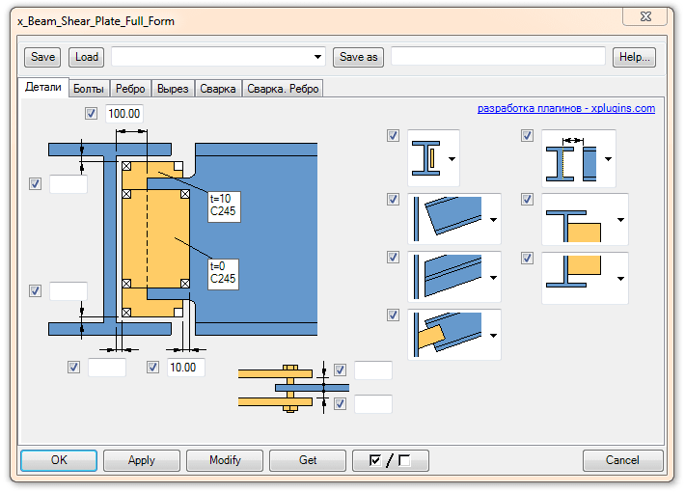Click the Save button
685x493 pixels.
point(42,57)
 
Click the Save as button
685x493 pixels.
point(358,57)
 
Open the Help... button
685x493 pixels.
point(634,57)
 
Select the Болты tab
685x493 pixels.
point(89,89)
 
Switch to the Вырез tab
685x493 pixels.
point(173,89)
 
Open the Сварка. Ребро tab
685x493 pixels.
point(283,89)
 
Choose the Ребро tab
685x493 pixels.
point(130,89)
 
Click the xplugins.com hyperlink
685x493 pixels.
point(566,108)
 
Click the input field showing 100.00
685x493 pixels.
point(124,114)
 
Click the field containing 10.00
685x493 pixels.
point(185,368)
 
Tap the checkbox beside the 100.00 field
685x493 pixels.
point(91,114)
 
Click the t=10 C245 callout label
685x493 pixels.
point(224,206)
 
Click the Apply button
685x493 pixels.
point(142,460)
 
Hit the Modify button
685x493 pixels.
point(225,460)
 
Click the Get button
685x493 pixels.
point(308,460)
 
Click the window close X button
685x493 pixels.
point(645,17)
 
